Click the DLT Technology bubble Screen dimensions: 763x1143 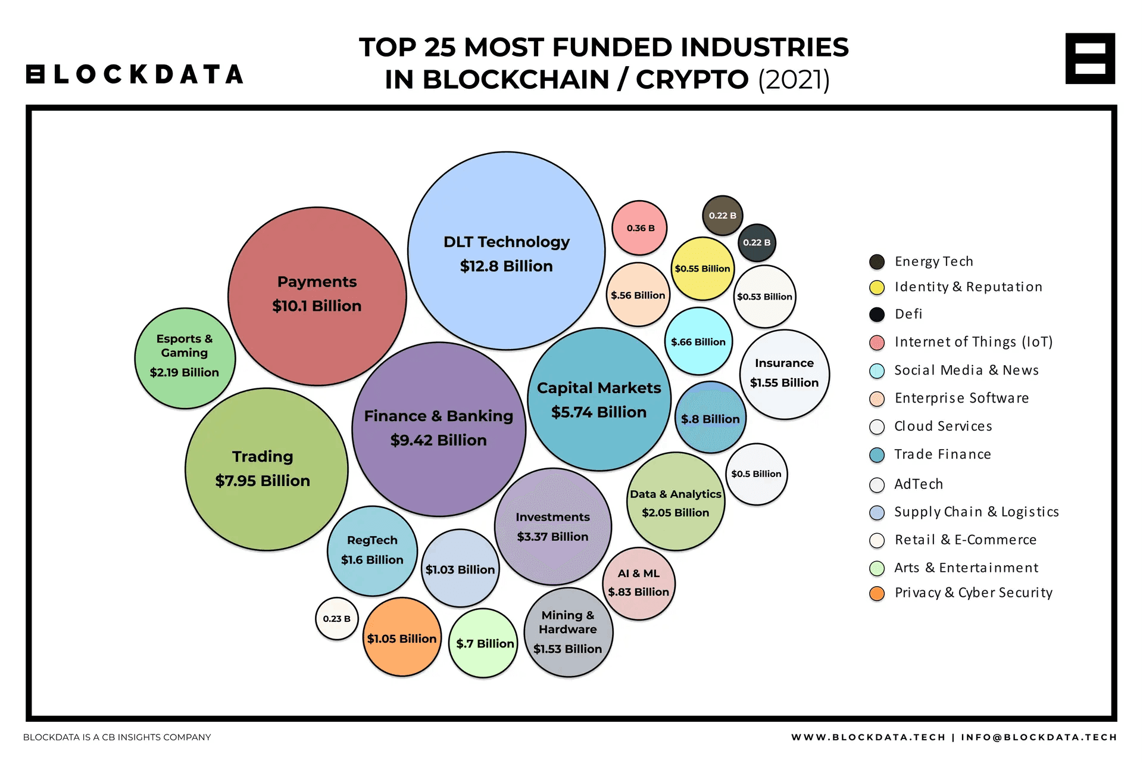point(506,251)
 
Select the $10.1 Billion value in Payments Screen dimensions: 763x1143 point(317,306)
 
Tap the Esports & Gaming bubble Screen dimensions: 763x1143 point(185,357)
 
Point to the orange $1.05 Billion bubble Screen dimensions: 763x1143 point(402,637)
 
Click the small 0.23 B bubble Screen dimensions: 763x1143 point(337,619)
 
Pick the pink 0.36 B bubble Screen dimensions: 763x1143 point(639,228)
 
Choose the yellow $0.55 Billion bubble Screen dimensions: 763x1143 point(702,269)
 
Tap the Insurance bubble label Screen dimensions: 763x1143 point(784,363)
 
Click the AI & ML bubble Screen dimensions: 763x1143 point(639,583)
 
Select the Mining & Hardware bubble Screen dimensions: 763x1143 point(568,632)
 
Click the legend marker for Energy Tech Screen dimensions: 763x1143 point(877,262)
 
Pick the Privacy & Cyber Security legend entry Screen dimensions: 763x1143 point(973,593)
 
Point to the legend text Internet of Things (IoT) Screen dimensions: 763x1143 point(973,342)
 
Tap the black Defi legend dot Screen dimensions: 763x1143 point(877,314)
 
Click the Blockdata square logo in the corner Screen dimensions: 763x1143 point(1090,58)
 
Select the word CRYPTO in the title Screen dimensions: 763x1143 point(692,80)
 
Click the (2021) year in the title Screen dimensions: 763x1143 point(794,80)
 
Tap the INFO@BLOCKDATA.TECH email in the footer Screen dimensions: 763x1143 point(1039,737)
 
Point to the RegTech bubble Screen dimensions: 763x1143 point(372,550)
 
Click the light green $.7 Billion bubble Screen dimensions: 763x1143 point(484,643)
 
